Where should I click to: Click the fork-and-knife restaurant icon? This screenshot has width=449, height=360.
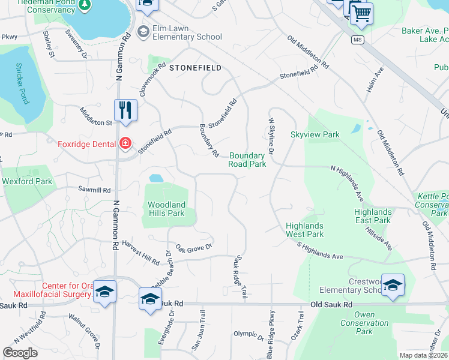coord(125,110)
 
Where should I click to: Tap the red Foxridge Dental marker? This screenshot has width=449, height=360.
coord(125,143)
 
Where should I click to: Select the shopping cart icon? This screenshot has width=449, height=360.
coord(361,14)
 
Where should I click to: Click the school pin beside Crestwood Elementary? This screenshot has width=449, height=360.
coord(393,286)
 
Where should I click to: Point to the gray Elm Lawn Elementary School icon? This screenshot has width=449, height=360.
coord(143,31)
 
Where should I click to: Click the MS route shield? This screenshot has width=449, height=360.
coord(358,40)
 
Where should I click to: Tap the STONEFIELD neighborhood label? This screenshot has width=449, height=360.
coord(195,68)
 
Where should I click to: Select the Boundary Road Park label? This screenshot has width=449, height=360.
coord(247,160)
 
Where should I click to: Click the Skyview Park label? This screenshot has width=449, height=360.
coord(315,134)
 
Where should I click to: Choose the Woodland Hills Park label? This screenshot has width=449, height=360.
coord(166,209)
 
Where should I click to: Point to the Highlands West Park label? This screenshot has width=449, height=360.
coord(304,230)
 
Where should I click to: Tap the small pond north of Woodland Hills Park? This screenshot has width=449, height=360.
coord(155,178)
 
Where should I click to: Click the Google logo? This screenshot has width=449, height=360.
coord(20,353)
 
